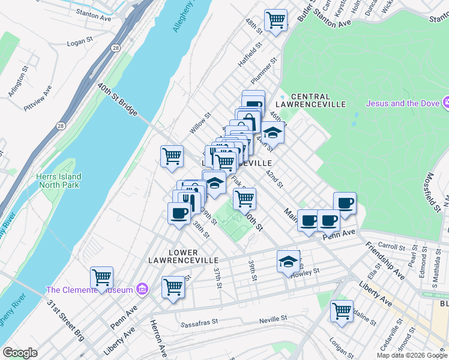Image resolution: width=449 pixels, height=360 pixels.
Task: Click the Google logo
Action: tap(20, 353)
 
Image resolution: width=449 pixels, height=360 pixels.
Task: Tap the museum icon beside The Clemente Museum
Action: tap(142, 290)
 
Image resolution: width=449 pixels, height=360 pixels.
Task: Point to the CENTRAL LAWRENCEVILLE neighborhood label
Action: tap(310, 100)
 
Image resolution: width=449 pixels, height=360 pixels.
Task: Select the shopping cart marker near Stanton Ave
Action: tap(276, 20)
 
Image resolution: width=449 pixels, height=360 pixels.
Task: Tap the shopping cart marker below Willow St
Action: tap(172, 157)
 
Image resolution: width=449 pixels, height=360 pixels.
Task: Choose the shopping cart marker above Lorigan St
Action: tap(342, 311)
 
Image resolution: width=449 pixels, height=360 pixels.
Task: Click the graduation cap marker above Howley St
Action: tap(288, 262)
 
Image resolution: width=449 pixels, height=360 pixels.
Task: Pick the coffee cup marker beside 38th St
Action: tap(180, 214)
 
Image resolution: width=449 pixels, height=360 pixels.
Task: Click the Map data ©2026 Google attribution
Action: tap(412, 355)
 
